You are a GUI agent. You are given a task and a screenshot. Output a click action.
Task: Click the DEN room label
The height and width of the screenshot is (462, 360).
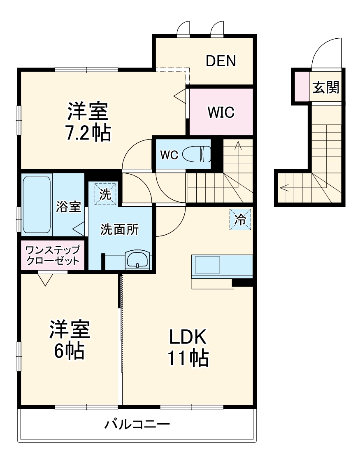pyautogui.click(x=221, y=61)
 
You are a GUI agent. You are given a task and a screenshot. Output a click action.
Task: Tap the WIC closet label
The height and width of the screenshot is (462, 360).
pyautogui.click(x=221, y=112)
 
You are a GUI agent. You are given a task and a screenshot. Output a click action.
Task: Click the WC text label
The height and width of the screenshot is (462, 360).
pyautogui.click(x=169, y=155)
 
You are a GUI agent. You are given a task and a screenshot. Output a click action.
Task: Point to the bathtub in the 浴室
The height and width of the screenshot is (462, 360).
pyautogui.click(x=37, y=204)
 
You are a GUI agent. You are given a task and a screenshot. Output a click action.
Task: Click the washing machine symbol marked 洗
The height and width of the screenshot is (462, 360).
pyautogui.click(x=106, y=194)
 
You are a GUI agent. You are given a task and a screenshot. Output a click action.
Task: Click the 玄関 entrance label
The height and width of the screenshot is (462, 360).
pyautogui.click(x=325, y=87)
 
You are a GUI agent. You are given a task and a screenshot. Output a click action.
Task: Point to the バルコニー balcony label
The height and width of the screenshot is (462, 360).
pyautogui.click(x=137, y=424)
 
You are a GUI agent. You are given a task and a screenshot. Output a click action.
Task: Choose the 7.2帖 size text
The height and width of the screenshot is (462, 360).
pyautogui.click(x=88, y=133)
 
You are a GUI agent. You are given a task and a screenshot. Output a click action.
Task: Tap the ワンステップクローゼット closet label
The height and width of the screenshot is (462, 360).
pyautogui.click(x=52, y=255)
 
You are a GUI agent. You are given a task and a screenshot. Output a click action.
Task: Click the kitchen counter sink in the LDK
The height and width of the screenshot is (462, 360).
pyautogui.click(x=208, y=264)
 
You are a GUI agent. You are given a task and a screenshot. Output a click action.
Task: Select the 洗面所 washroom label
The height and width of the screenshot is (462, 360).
pyautogui.click(x=120, y=230)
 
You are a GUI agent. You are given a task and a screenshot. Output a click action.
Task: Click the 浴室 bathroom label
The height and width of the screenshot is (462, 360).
pyautogui.click(x=68, y=207)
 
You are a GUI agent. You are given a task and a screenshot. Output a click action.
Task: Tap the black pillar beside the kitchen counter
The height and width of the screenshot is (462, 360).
pyautogui.click(x=242, y=282)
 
